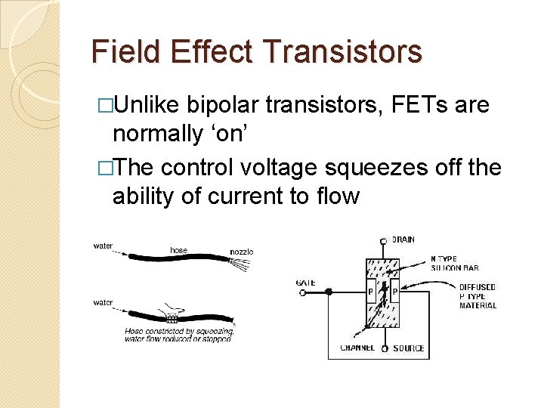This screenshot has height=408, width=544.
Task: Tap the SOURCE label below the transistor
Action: pyautogui.click(x=408, y=348)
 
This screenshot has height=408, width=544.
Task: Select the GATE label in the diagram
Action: pyautogui.click(x=305, y=283)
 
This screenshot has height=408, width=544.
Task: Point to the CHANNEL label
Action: pyautogui.click(x=357, y=348)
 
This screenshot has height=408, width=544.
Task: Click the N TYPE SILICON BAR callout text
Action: pyautogui.click(x=454, y=264)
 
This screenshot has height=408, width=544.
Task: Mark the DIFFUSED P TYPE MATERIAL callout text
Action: pyautogui.click(x=478, y=296)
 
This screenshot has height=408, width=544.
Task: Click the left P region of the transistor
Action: pyautogui.click(x=371, y=292)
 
